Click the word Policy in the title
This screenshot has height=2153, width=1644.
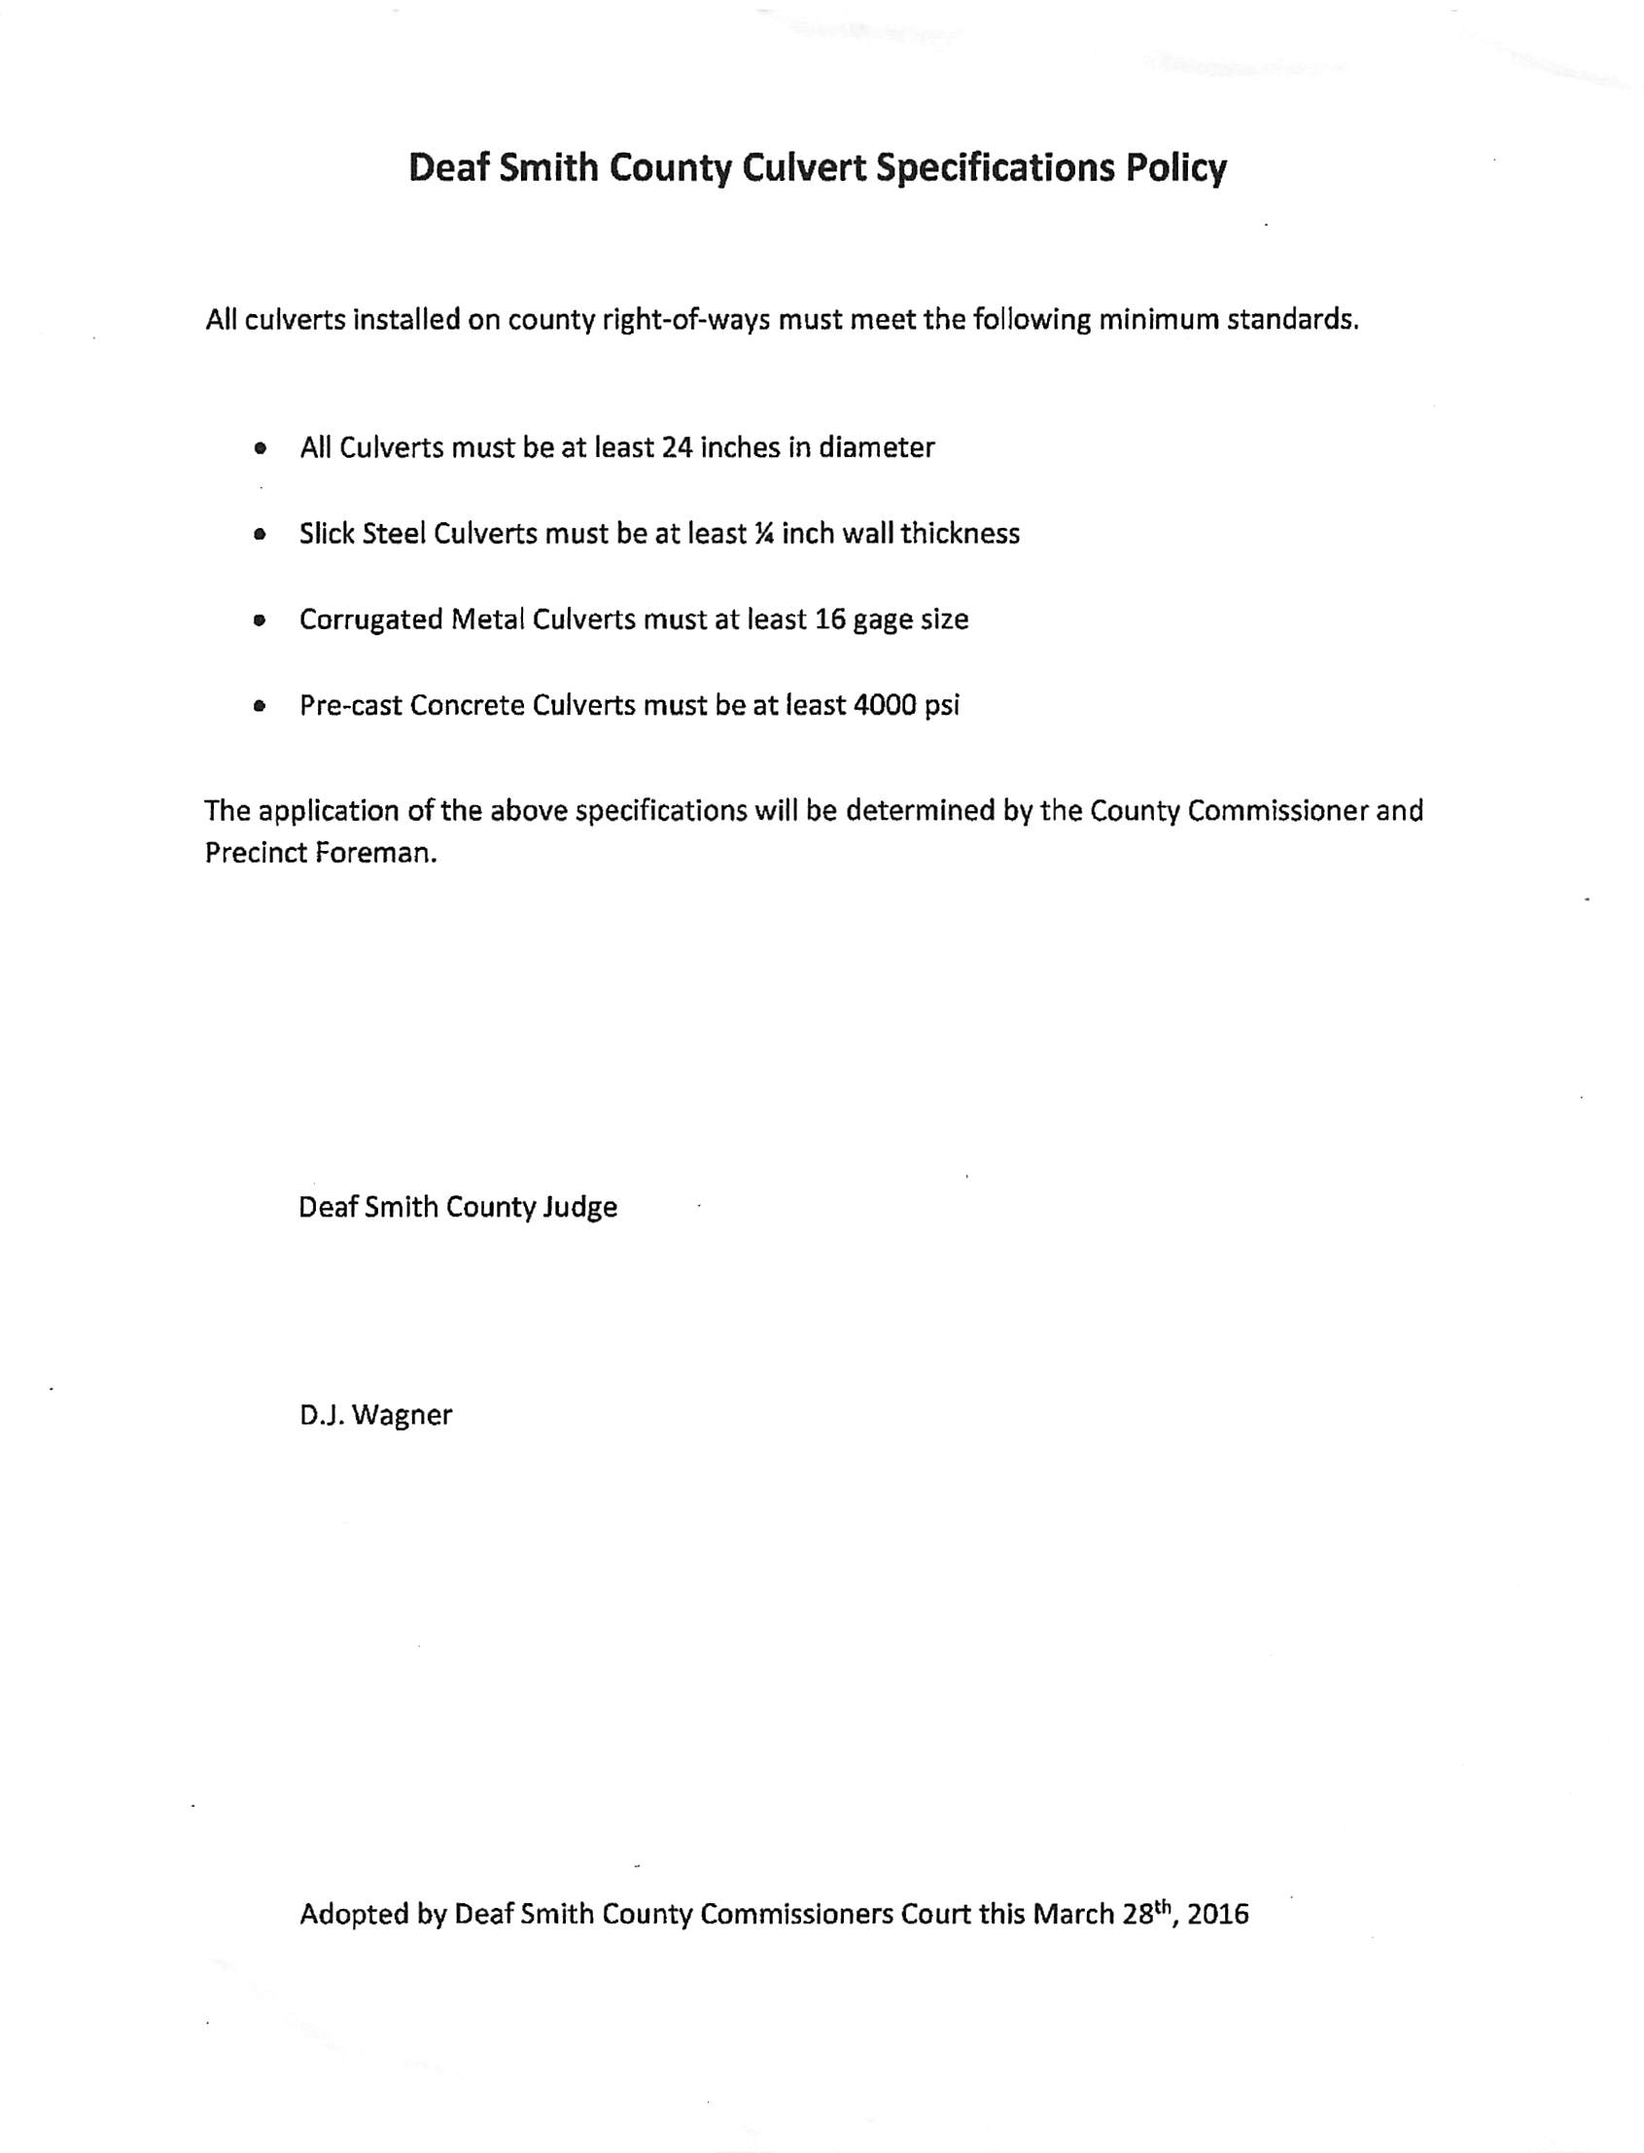(1175, 168)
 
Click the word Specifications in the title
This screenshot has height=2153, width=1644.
(996, 168)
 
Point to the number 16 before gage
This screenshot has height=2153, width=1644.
(830, 620)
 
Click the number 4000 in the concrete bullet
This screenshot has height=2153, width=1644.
(885, 706)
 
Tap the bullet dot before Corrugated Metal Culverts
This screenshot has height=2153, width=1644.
(260, 620)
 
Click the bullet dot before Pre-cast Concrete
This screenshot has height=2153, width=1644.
(260, 706)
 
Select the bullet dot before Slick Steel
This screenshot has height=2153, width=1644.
(260, 535)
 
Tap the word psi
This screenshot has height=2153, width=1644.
(942, 707)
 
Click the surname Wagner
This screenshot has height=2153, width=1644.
(402, 1416)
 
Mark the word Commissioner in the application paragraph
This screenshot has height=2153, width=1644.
(1277, 811)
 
